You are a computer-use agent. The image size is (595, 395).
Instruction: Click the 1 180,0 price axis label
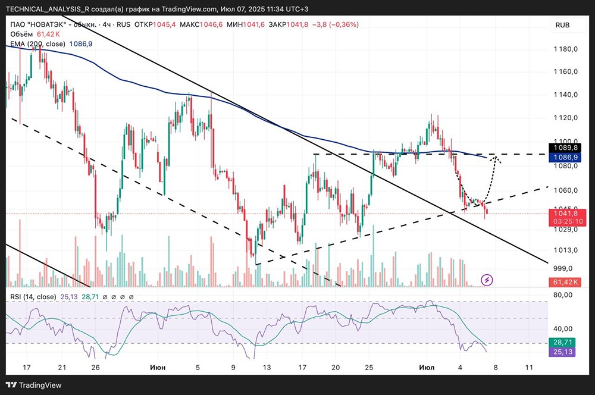[x=565, y=49]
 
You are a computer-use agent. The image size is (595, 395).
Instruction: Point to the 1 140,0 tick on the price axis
[x=565, y=95]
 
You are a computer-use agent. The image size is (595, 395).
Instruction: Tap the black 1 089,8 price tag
[x=566, y=148]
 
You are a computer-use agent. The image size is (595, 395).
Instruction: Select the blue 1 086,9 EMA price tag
[x=566, y=157]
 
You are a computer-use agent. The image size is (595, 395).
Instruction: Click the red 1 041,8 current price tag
[x=566, y=213]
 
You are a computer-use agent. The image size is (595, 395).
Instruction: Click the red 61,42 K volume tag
[x=565, y=281]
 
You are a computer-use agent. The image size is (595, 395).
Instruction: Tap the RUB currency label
[x=563, y=25]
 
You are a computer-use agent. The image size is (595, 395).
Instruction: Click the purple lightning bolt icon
[x=487, y=279]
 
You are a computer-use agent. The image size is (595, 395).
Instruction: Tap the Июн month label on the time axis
[x=158, y=368]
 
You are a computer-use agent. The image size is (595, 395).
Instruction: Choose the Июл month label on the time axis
[x=427, y=368]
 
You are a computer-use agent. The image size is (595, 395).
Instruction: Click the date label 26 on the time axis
[x=95, y=368]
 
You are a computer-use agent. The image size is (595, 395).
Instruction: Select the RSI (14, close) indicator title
[x=33, y=297]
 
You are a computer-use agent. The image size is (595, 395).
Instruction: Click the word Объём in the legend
[x=21, y=35]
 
